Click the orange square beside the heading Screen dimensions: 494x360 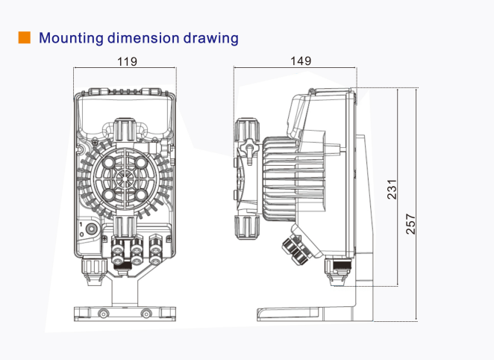(25, 37)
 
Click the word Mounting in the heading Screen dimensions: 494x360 (71, 38)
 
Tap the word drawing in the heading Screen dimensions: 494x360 (210, 38)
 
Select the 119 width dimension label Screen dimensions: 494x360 (127, 61)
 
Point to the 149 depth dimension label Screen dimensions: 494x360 (301, 60)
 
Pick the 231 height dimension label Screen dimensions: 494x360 (392, 189)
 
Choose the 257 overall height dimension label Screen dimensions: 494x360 (411, 224)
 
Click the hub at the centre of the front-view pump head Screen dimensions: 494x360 (125, 179)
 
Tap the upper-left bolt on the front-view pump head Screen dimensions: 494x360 (110, 163)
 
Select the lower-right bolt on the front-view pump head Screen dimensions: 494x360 (141, 195)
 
